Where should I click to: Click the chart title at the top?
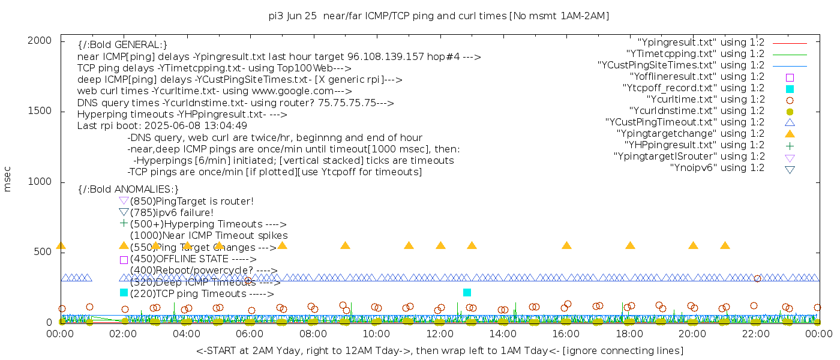tap(439, 16)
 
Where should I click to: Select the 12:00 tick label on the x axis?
tap(440, 334)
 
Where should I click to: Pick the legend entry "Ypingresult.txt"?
tap(701, 43)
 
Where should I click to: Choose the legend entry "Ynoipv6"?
tap(717, 168)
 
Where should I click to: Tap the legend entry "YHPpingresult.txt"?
tap(694, 145)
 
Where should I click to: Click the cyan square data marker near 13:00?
tap(467, 292)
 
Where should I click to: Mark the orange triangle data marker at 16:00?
tap(566, 245)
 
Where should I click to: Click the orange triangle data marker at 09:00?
tap(345, 245)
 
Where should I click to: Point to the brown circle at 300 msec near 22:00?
tap(757, 278)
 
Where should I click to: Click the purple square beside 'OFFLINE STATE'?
tap(124, 260)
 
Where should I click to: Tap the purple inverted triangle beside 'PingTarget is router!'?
tap(124, 201)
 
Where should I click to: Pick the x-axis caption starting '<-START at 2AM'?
tap(439, 350)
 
